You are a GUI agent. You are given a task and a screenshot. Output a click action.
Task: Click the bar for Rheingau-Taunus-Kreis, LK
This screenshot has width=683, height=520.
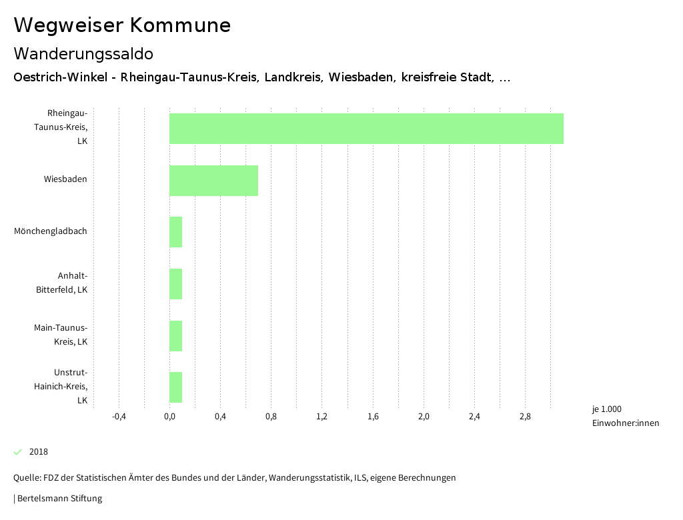[x=366, y=129]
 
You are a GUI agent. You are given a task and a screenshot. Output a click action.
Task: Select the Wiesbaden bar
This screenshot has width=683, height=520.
[x=213, y=181]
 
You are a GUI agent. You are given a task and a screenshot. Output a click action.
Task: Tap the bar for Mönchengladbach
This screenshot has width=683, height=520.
[x=175, y=232]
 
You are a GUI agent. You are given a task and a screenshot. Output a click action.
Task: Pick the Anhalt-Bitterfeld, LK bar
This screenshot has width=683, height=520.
[x=175, y=284]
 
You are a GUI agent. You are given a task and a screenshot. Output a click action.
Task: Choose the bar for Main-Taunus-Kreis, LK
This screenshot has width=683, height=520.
[x=175, y=336]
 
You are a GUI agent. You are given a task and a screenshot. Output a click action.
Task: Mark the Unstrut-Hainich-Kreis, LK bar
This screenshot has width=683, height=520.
[x=175, y=387]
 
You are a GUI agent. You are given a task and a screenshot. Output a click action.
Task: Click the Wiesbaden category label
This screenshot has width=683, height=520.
[x=65, y=179]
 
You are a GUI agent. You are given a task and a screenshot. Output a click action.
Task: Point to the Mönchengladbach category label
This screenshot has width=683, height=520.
[x=51, y=231]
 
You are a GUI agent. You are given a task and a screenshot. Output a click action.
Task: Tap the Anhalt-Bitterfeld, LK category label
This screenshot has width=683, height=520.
[x=61, y=283]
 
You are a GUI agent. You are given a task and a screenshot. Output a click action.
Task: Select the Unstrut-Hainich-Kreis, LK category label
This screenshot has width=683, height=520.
[x=61, y=387]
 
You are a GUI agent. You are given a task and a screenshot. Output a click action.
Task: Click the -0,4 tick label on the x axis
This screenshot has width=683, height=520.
[x=119, y=417]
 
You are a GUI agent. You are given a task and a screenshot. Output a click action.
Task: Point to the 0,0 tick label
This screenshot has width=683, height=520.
[x=169, y=417]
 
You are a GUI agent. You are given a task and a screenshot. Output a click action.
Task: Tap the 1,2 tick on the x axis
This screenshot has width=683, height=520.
[x=321, y=417]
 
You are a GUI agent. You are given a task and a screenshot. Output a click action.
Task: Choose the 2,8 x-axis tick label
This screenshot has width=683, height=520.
[x=525, y=417]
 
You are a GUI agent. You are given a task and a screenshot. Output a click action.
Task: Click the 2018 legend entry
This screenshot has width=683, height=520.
[x=39, y=452]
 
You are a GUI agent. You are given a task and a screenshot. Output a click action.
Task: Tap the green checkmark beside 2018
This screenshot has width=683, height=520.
[x=18, y=452]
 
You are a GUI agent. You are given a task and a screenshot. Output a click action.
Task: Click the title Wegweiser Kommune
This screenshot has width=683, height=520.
[x=122, y=25]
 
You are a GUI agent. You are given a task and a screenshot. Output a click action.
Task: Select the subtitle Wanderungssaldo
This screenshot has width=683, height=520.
[x=83, y=53]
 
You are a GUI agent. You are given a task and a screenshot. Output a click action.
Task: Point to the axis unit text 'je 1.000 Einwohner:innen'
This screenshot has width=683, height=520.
[x=625, y=416]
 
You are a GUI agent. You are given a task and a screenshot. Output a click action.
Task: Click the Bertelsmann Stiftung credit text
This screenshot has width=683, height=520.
[x=58, y=499]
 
